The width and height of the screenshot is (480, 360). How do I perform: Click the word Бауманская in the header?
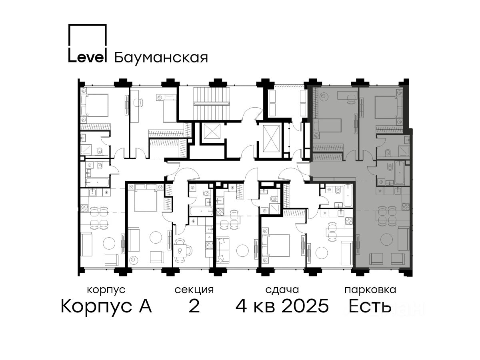point(161,58)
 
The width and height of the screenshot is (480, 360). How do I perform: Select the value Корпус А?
point(106,306)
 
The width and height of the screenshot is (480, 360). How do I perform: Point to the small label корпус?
point(106,290)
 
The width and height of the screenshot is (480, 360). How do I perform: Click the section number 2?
point(194,306)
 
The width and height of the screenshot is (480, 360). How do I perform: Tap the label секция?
point(194,290)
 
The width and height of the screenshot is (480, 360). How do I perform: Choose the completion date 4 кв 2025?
point(282,306)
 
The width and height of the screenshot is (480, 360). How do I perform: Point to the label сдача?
point(282,290)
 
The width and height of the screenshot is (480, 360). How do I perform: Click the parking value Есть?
point(370,306)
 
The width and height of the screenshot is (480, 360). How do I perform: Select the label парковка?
point(370,290)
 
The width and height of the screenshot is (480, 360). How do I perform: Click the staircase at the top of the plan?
point(212,103)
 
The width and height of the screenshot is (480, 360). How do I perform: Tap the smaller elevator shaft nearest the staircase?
point(212,131)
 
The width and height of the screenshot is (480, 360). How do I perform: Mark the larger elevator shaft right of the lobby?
point(271,138)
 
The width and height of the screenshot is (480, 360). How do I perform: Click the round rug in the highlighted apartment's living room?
point(386,240)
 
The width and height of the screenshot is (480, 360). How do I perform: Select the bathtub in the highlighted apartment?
point(400,173)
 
